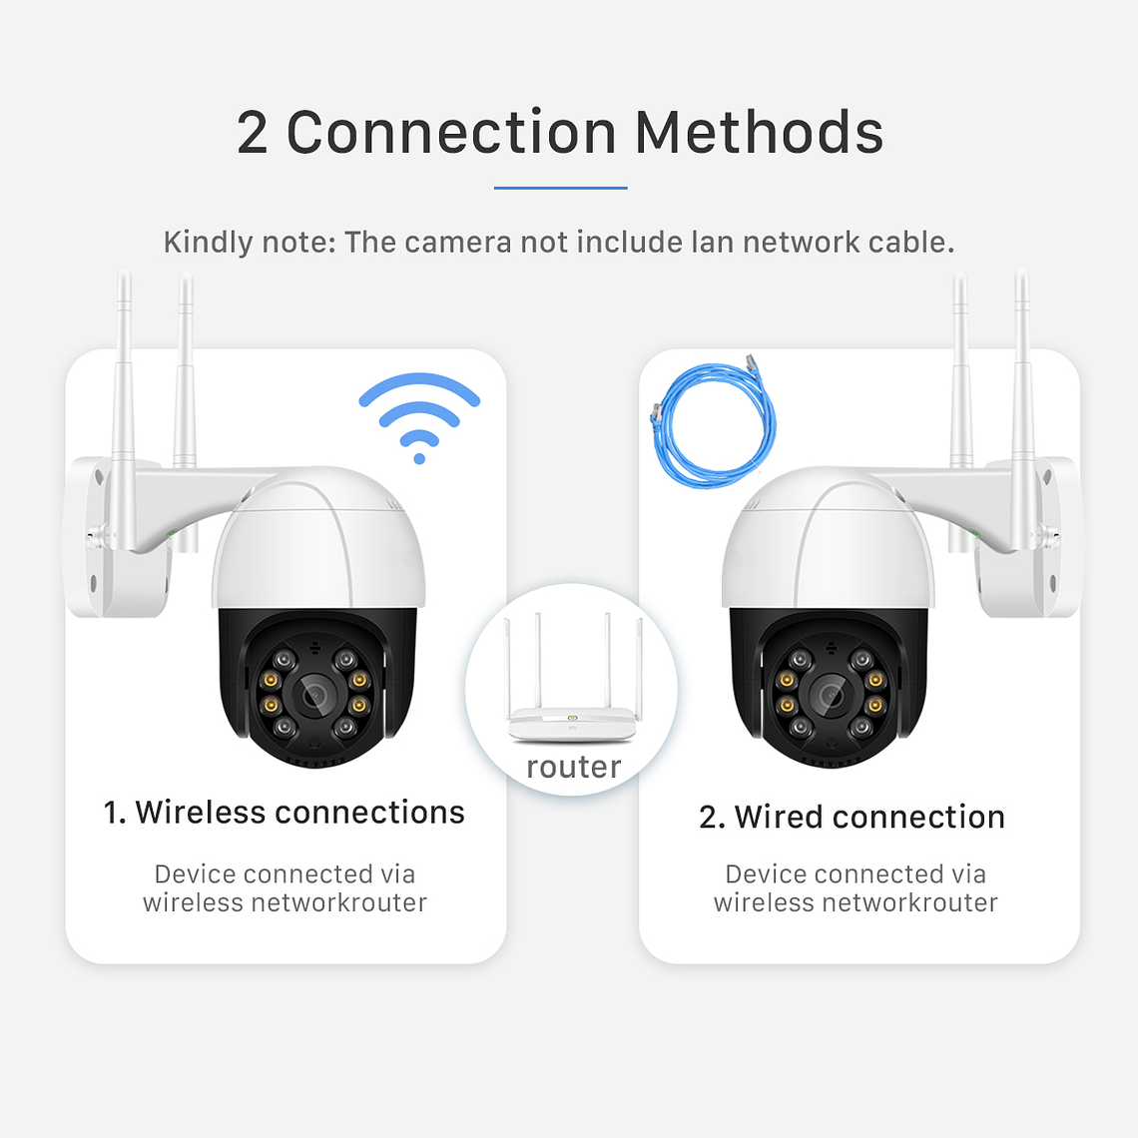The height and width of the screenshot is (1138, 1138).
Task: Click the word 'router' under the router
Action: coord(573,767)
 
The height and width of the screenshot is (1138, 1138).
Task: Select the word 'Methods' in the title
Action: coord(759,133)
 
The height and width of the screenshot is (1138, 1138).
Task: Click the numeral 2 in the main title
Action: coord(253,133)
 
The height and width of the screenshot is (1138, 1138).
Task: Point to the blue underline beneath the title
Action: coord(560,187)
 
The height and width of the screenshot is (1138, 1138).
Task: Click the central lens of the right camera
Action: coord(828,693)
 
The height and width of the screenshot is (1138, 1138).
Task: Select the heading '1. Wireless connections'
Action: coord(284,813)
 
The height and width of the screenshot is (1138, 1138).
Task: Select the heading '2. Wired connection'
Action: coord(852,817)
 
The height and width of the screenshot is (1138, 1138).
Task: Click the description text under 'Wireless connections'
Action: coord(284,888)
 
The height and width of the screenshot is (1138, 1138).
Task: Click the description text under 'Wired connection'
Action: coord(855,888)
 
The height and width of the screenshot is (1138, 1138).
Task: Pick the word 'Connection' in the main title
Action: coord(451,133)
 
